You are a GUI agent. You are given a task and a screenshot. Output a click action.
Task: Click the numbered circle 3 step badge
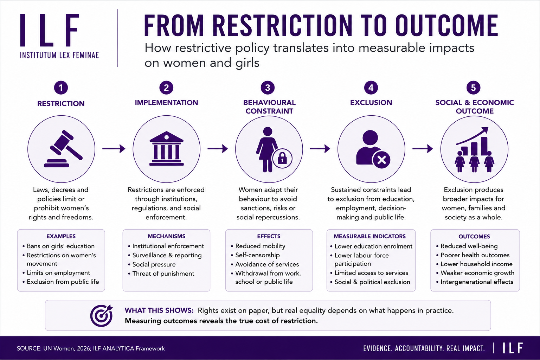point(268,88)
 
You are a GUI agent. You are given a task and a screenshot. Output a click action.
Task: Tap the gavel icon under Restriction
point(63,149)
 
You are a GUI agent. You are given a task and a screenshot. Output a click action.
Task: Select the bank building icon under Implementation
point(166,148)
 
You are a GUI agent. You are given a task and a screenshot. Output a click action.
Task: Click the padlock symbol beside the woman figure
point(282,159)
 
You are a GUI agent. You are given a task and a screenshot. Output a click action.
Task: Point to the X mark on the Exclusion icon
point(381,160)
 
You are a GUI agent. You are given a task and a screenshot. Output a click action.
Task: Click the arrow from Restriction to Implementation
point(114,148)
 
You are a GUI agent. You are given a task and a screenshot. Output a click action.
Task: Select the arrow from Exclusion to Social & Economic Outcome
point(423,148)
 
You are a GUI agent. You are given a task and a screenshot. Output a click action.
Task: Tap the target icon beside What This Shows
point(102,315)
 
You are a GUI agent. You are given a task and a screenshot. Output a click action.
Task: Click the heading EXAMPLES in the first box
point(61,236)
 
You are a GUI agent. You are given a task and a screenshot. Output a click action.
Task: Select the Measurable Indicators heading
point(369,236)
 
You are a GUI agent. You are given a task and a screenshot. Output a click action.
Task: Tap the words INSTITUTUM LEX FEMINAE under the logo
point(59,55)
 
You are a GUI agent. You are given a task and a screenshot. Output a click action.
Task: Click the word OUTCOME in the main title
point(447,26)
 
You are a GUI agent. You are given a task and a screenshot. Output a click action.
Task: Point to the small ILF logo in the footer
point(513,348)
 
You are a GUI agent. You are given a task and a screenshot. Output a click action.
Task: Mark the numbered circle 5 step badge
point(473,88)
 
